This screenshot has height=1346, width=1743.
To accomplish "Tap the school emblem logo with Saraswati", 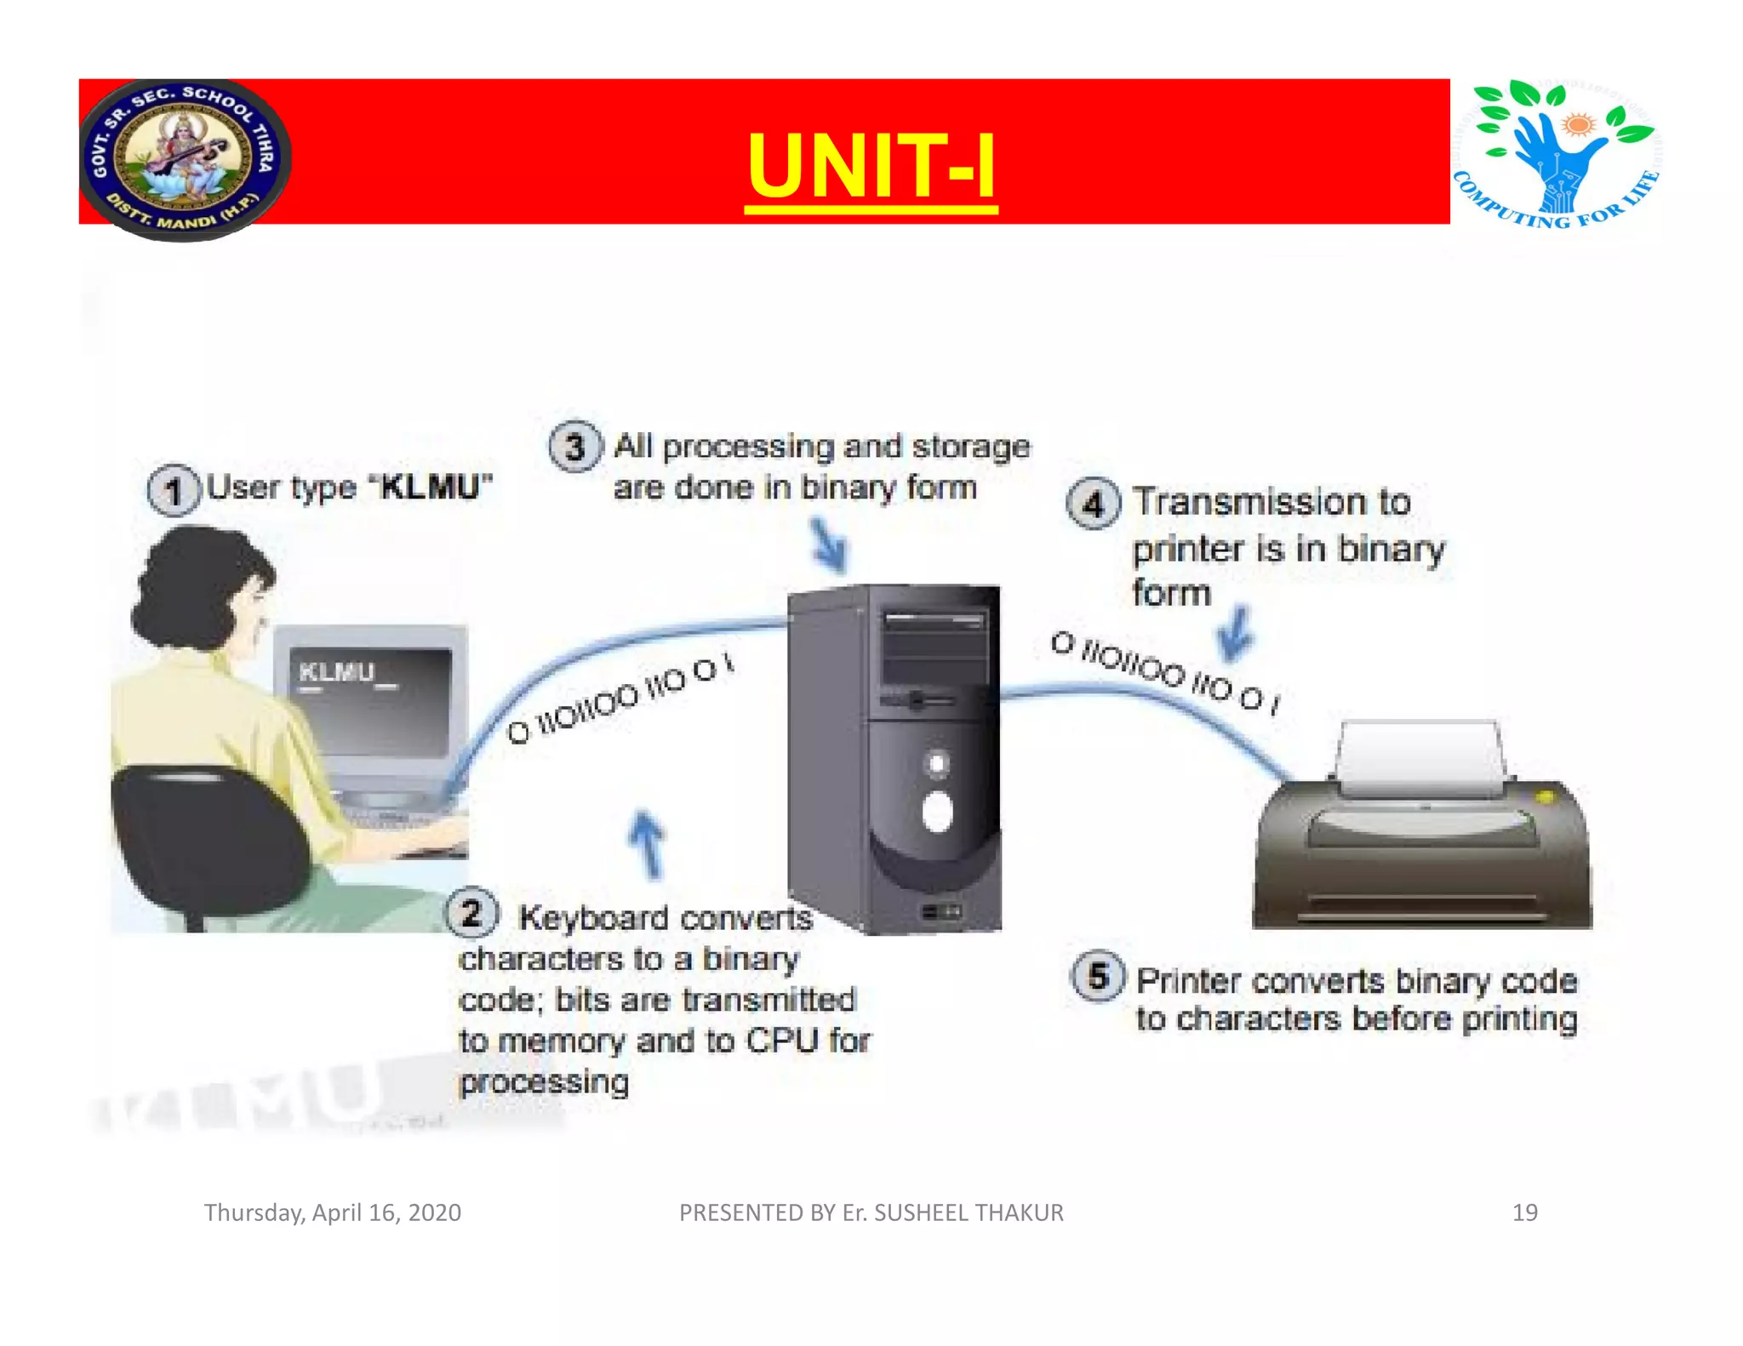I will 185,159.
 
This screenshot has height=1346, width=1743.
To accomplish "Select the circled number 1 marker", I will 173,491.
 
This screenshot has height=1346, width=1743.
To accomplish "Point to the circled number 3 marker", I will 575,447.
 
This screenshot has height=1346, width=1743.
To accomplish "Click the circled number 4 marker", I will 1093,504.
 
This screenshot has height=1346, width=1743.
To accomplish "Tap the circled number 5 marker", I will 1098,976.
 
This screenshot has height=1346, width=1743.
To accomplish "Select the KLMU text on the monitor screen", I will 337,672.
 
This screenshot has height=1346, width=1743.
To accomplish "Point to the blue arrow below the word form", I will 1234,635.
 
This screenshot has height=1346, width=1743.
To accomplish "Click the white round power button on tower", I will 937,811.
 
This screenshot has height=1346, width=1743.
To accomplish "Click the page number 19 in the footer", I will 1524,1212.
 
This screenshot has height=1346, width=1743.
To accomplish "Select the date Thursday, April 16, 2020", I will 332,1212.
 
